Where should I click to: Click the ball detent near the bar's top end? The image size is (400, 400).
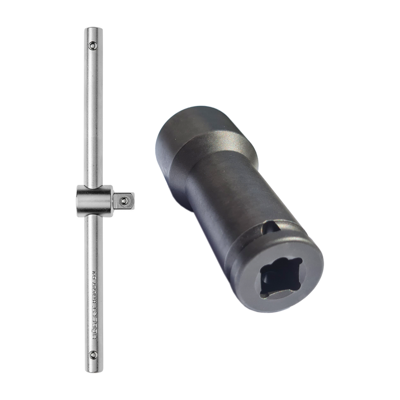point(93,45)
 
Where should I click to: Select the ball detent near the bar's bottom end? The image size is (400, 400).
point(93,355)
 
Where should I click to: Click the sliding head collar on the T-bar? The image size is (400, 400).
point(94,201)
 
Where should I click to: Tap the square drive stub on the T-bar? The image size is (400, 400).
point(124,201)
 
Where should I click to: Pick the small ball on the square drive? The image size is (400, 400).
point(123,202)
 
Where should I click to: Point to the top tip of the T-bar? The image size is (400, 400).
point(93,29)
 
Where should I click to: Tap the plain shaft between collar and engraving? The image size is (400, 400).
point(93,240)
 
